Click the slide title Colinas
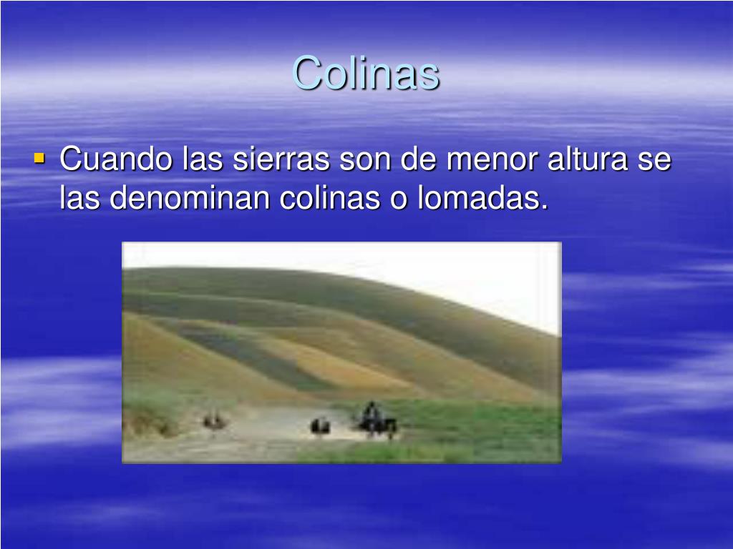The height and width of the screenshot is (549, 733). click(x=366, y=73)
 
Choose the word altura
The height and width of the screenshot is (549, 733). click(x=588, y=159)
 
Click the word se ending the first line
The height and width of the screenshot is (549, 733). click(x=654, y=159)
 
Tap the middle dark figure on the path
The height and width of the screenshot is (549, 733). click(x=320, y=426)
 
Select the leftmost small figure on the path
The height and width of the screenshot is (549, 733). click(x=213, y=421)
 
